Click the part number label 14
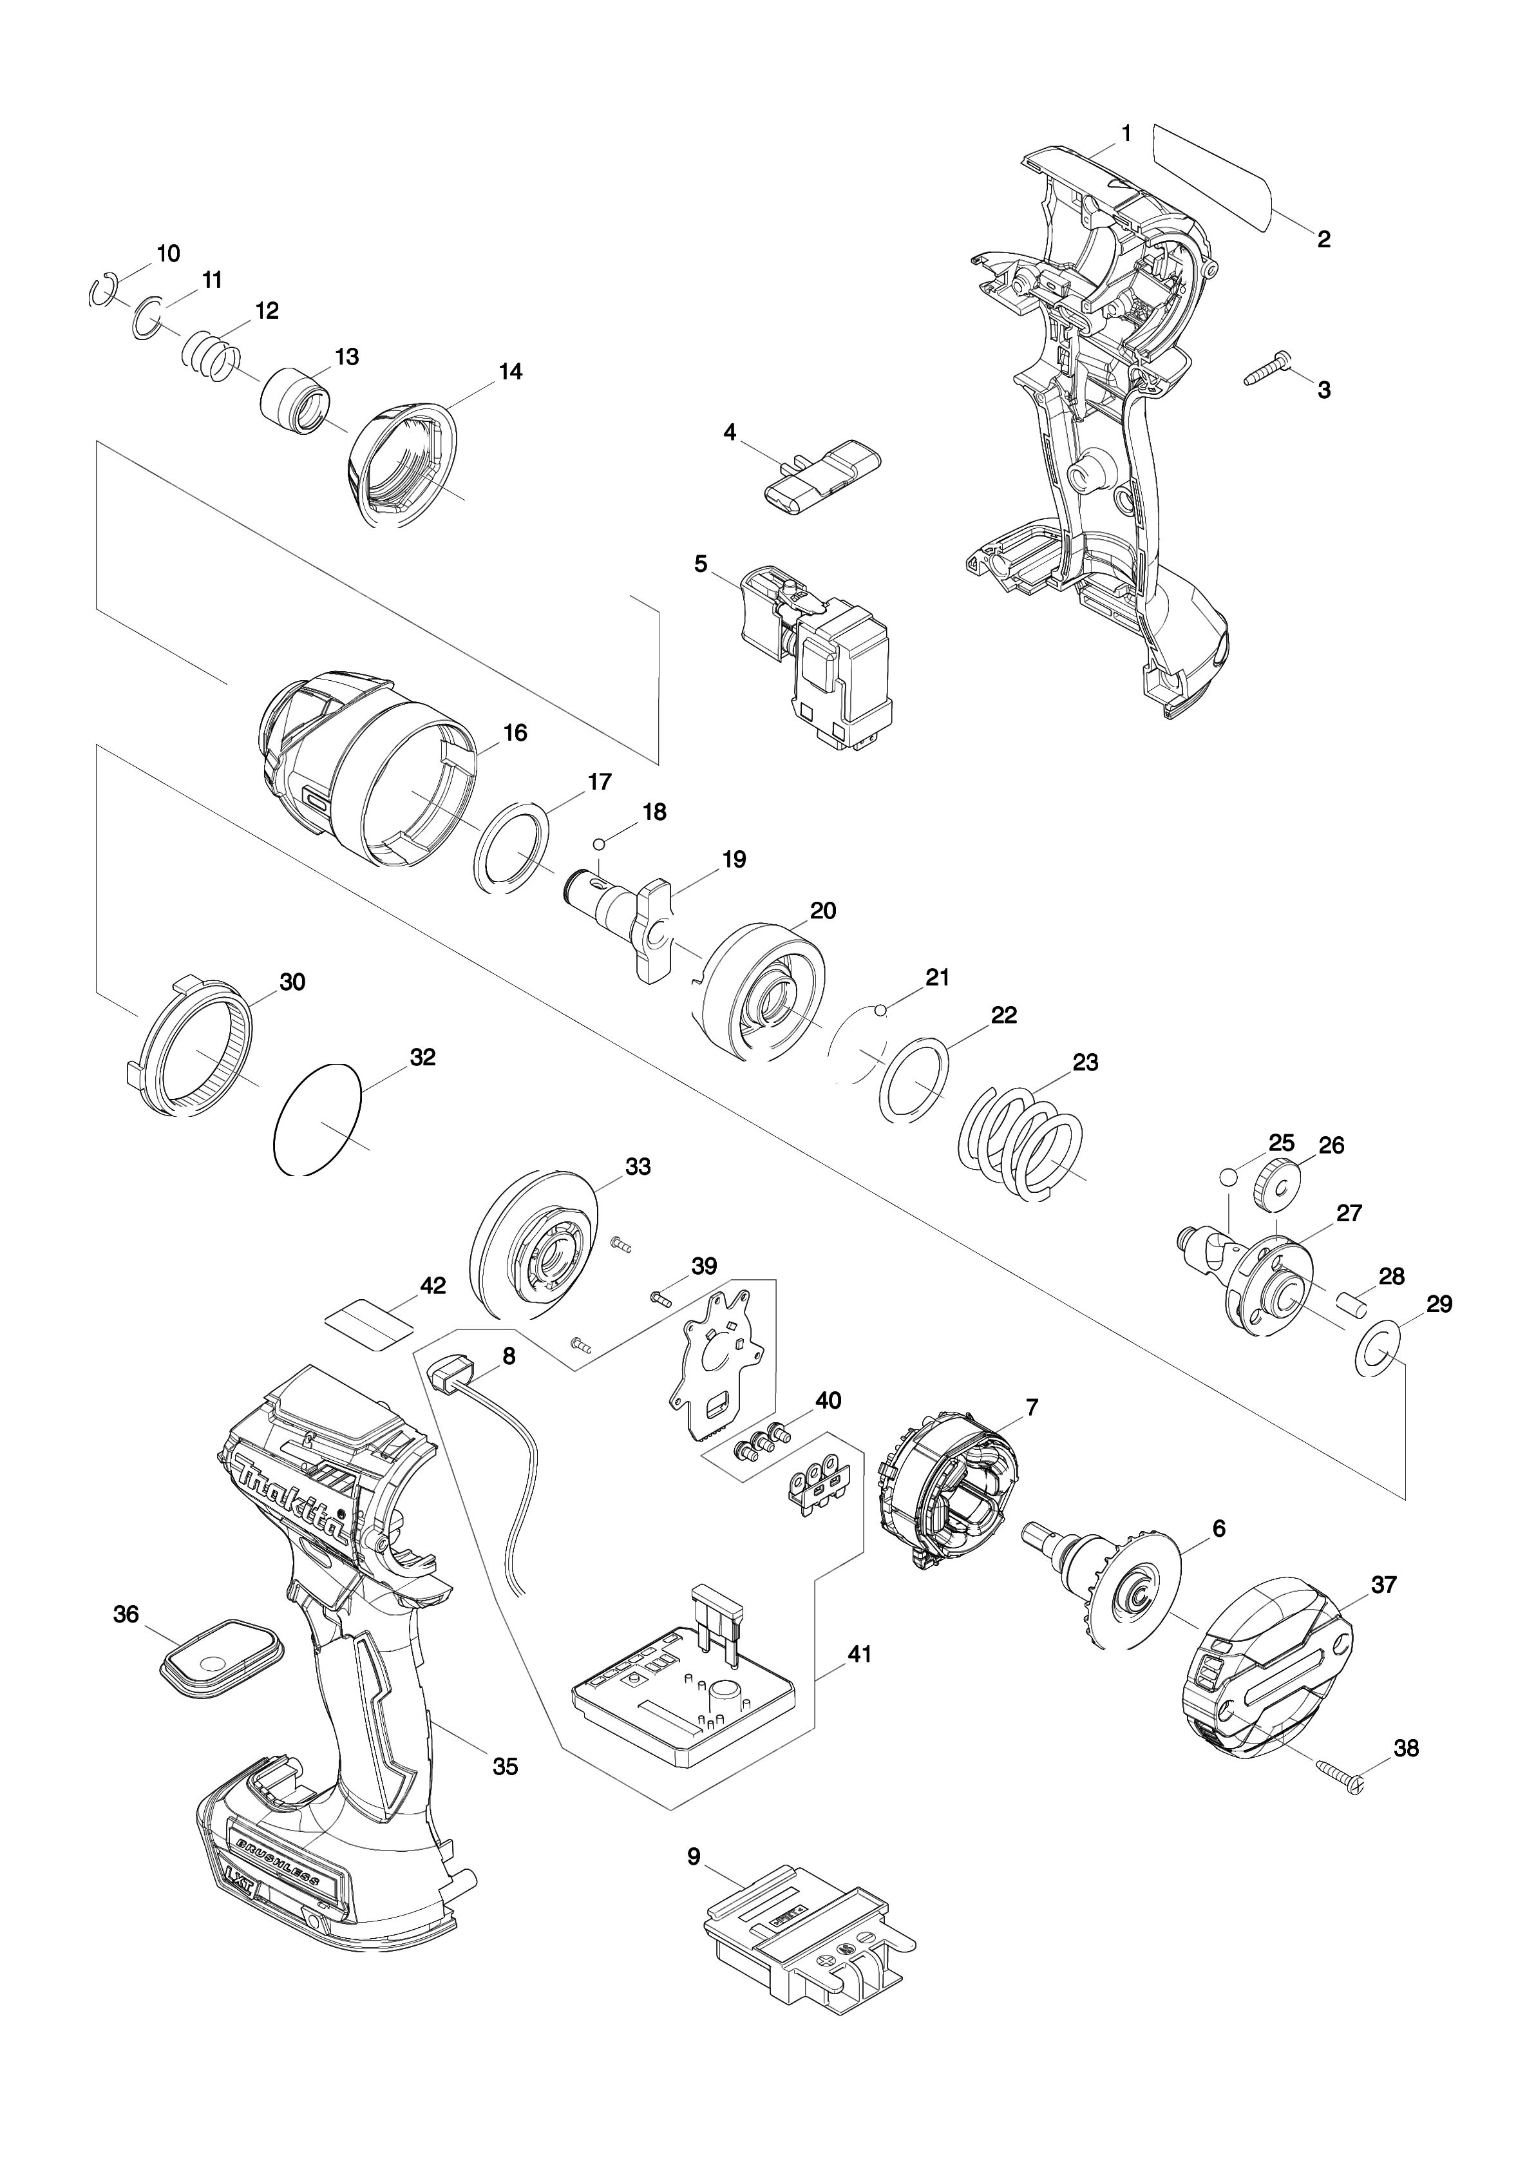point(510,372)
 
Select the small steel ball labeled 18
point(600,844)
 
